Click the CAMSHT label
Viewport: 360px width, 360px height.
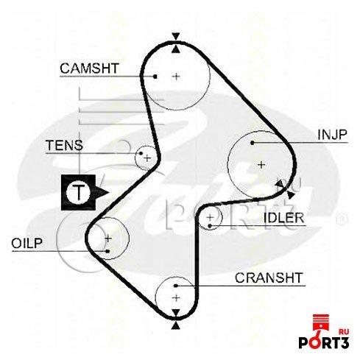tap(89, 68)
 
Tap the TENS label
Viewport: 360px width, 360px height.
tap(64, 145)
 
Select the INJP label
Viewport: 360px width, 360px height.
tap(333, 135)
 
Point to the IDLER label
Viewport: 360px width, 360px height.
tap(283, 218)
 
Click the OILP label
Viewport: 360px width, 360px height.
tap(27, 243)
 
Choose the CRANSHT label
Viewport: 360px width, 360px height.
tap(269, 278)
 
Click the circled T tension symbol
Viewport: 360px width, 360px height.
tap(79, 192)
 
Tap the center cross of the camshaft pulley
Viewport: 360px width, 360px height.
tap(176, 77)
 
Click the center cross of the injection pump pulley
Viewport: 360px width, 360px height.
tap(261, 164)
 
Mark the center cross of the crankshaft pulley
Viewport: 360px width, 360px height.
tap(176, 298)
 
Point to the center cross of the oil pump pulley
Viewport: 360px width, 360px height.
tap(108, 238)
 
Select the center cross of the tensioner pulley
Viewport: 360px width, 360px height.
tap(147, 158)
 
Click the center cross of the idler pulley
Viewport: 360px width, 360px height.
tap(210, 217)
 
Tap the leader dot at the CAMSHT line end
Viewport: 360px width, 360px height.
tap(155, 77)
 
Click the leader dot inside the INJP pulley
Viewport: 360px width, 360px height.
tap(253, 143)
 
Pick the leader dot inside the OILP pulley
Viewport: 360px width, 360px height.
tap(107, 251)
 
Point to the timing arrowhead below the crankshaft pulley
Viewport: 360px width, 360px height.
tap(175, 326)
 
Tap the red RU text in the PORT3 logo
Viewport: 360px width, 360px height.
tap(344, 331)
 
